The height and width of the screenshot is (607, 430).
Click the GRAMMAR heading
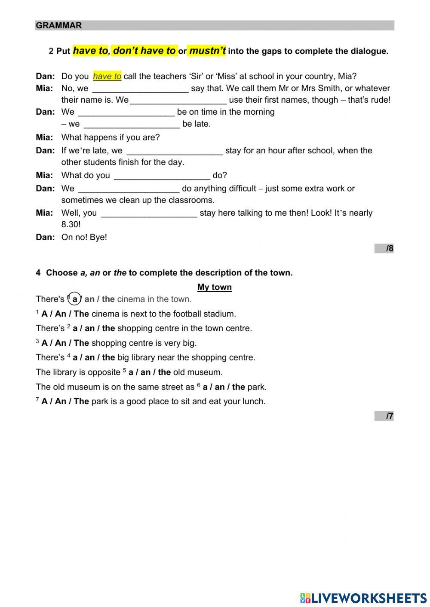(x=58, y=25)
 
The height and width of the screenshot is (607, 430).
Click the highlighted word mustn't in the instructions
(x=207, y=51)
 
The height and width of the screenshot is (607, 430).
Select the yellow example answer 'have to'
(x=107, y=76)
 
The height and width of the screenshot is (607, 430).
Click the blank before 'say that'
(x=140, y=88)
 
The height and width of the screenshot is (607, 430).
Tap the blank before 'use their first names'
(x=178, y=100)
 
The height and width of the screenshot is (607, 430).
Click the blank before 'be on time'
(x=126, y=112)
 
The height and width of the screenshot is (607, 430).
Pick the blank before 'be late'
(x=132, y=124)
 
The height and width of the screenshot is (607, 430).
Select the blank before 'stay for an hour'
(x=175, y=151)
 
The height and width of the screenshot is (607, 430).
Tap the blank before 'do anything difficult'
(x=129, y=189)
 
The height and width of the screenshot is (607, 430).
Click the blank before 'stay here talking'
(x=149, y=213)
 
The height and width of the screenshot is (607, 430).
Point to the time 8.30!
(x=71, y=225)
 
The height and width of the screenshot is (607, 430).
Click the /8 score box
(x=384, y=248)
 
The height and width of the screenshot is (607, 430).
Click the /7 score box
(x=384, y=416)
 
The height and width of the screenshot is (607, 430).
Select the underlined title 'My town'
(x=215, y=287)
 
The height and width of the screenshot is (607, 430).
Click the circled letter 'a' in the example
(x=75, y=299)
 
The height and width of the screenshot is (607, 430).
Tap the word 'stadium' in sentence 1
(x=221, y=314)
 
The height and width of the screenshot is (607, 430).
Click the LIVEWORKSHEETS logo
(x=363, y=598)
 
